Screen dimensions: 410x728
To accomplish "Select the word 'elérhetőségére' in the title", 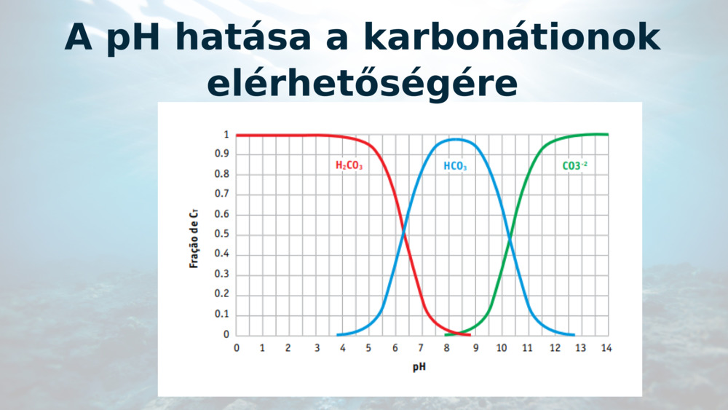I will coord(363,84).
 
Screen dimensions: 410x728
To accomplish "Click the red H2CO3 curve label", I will coord(349,166).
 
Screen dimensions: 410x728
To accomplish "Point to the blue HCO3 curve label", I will coord(455,167).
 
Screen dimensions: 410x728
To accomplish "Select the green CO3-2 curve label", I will coord(574,165).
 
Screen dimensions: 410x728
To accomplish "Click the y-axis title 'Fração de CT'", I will coord(194,236).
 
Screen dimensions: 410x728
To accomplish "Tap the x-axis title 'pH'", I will coord(419,366).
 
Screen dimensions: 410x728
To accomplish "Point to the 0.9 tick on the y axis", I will coord(223,154).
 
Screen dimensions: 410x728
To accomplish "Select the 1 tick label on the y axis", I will coord(226,135).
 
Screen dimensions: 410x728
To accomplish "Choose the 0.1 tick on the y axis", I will coord(223,315).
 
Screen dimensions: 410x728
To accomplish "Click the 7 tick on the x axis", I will coord(422,348).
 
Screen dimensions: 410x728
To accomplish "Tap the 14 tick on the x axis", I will coord(606,348).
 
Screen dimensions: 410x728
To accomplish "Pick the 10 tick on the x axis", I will coord(500,348).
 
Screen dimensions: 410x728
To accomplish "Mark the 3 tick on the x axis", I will coord(316,348).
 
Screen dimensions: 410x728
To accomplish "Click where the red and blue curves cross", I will coord(405,233).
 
